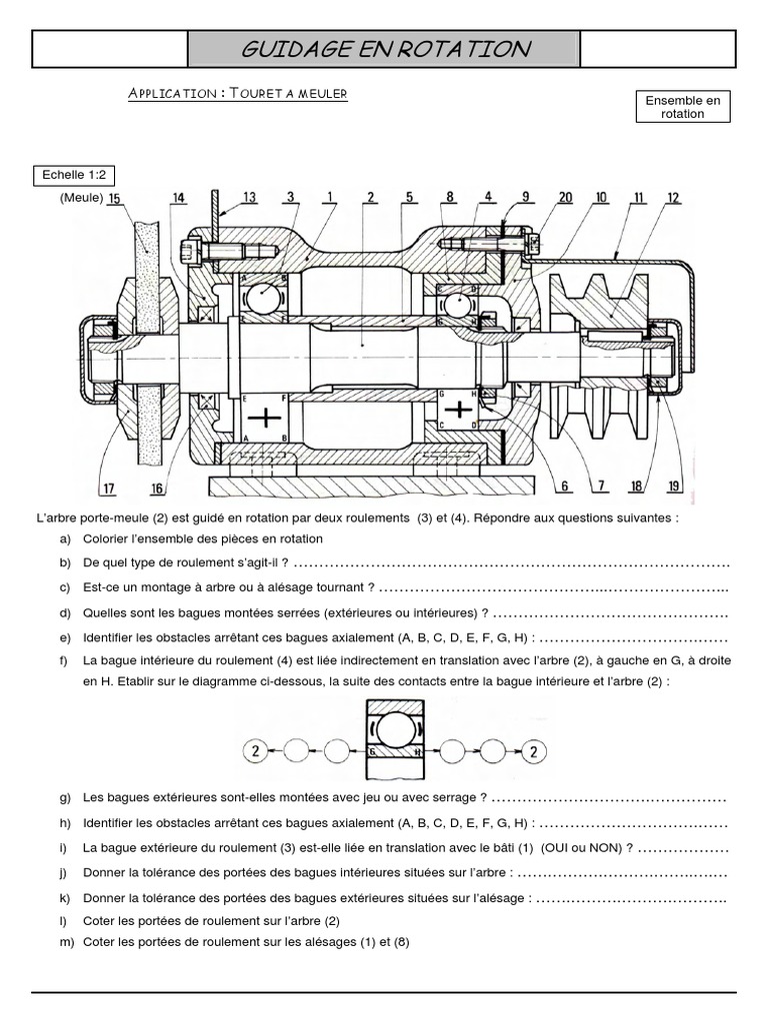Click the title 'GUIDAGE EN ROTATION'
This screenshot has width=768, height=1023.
384,49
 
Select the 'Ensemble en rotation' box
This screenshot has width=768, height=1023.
683,107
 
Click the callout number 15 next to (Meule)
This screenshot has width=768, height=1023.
115,198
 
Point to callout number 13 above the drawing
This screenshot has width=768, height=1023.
248,197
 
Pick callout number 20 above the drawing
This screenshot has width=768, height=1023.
565,197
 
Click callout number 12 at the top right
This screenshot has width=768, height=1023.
672,197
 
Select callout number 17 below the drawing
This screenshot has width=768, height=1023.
107,488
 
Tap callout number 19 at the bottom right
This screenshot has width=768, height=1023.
673,487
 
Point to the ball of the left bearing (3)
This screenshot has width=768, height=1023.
266,297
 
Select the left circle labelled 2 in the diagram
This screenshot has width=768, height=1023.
255,750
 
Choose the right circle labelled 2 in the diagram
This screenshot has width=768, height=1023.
536,750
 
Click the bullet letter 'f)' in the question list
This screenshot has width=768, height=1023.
64,660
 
